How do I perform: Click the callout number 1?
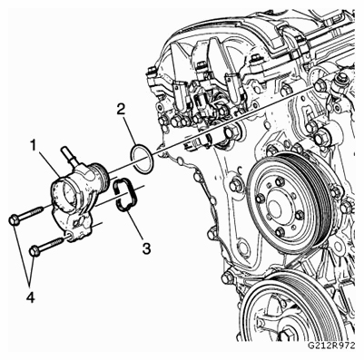click(x=33, y=146)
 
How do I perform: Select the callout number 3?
click(x=146, y=248)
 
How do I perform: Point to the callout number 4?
click(x=30, y=298)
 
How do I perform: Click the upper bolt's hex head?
click(x=14, y=219)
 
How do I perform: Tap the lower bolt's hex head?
click(x=34, y=251)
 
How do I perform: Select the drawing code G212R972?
click(x=331, y=345)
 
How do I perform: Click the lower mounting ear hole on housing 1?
click(x=69, y=236)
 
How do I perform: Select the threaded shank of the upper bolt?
click(x=31, y=213)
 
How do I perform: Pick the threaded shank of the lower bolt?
click(x=52, y=245)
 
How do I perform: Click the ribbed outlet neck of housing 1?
click(x=101, y=175)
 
